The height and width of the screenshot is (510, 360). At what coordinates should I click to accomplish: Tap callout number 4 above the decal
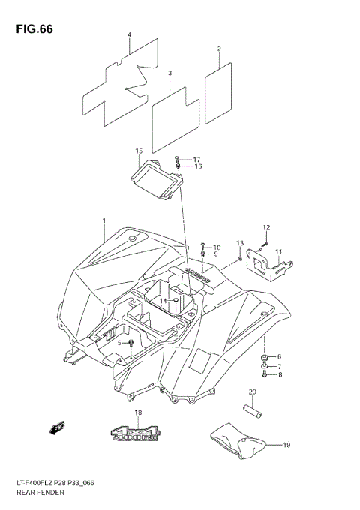coord(129,35)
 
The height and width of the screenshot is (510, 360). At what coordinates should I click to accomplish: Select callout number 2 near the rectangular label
coord(219,49)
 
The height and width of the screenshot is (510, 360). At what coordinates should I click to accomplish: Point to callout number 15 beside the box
coord(139,151)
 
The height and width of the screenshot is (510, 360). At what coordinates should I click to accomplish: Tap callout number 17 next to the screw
coord(197,160)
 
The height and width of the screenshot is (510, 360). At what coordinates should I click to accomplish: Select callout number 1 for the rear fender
coord(104,219)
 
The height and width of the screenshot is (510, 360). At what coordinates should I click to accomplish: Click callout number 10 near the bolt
coord(217,247)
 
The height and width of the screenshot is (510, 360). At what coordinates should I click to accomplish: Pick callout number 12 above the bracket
coord(265,227)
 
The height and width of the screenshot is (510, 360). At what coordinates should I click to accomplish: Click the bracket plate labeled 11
coord(268,265)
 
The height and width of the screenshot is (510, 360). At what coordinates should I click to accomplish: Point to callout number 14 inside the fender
coord(162,300)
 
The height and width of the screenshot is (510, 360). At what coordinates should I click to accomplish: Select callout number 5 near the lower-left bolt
coord(118,343)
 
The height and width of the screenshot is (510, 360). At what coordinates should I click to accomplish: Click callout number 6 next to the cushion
coord(279,356)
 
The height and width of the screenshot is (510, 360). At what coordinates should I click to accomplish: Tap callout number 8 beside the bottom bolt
coord(279,374)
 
